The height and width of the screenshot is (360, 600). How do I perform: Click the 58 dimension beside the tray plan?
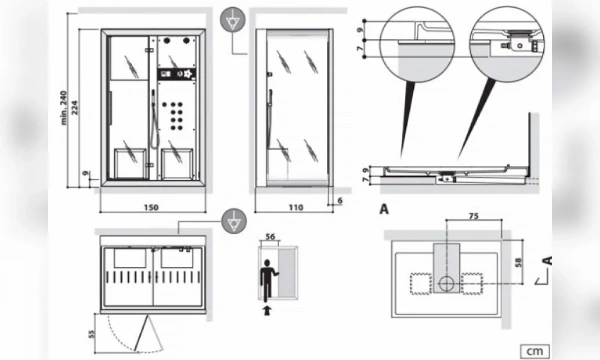(x=519, y=262)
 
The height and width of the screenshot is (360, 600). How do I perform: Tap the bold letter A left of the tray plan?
(x=384, y=210)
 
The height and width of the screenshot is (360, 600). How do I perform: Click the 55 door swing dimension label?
(x=91, y=330)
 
